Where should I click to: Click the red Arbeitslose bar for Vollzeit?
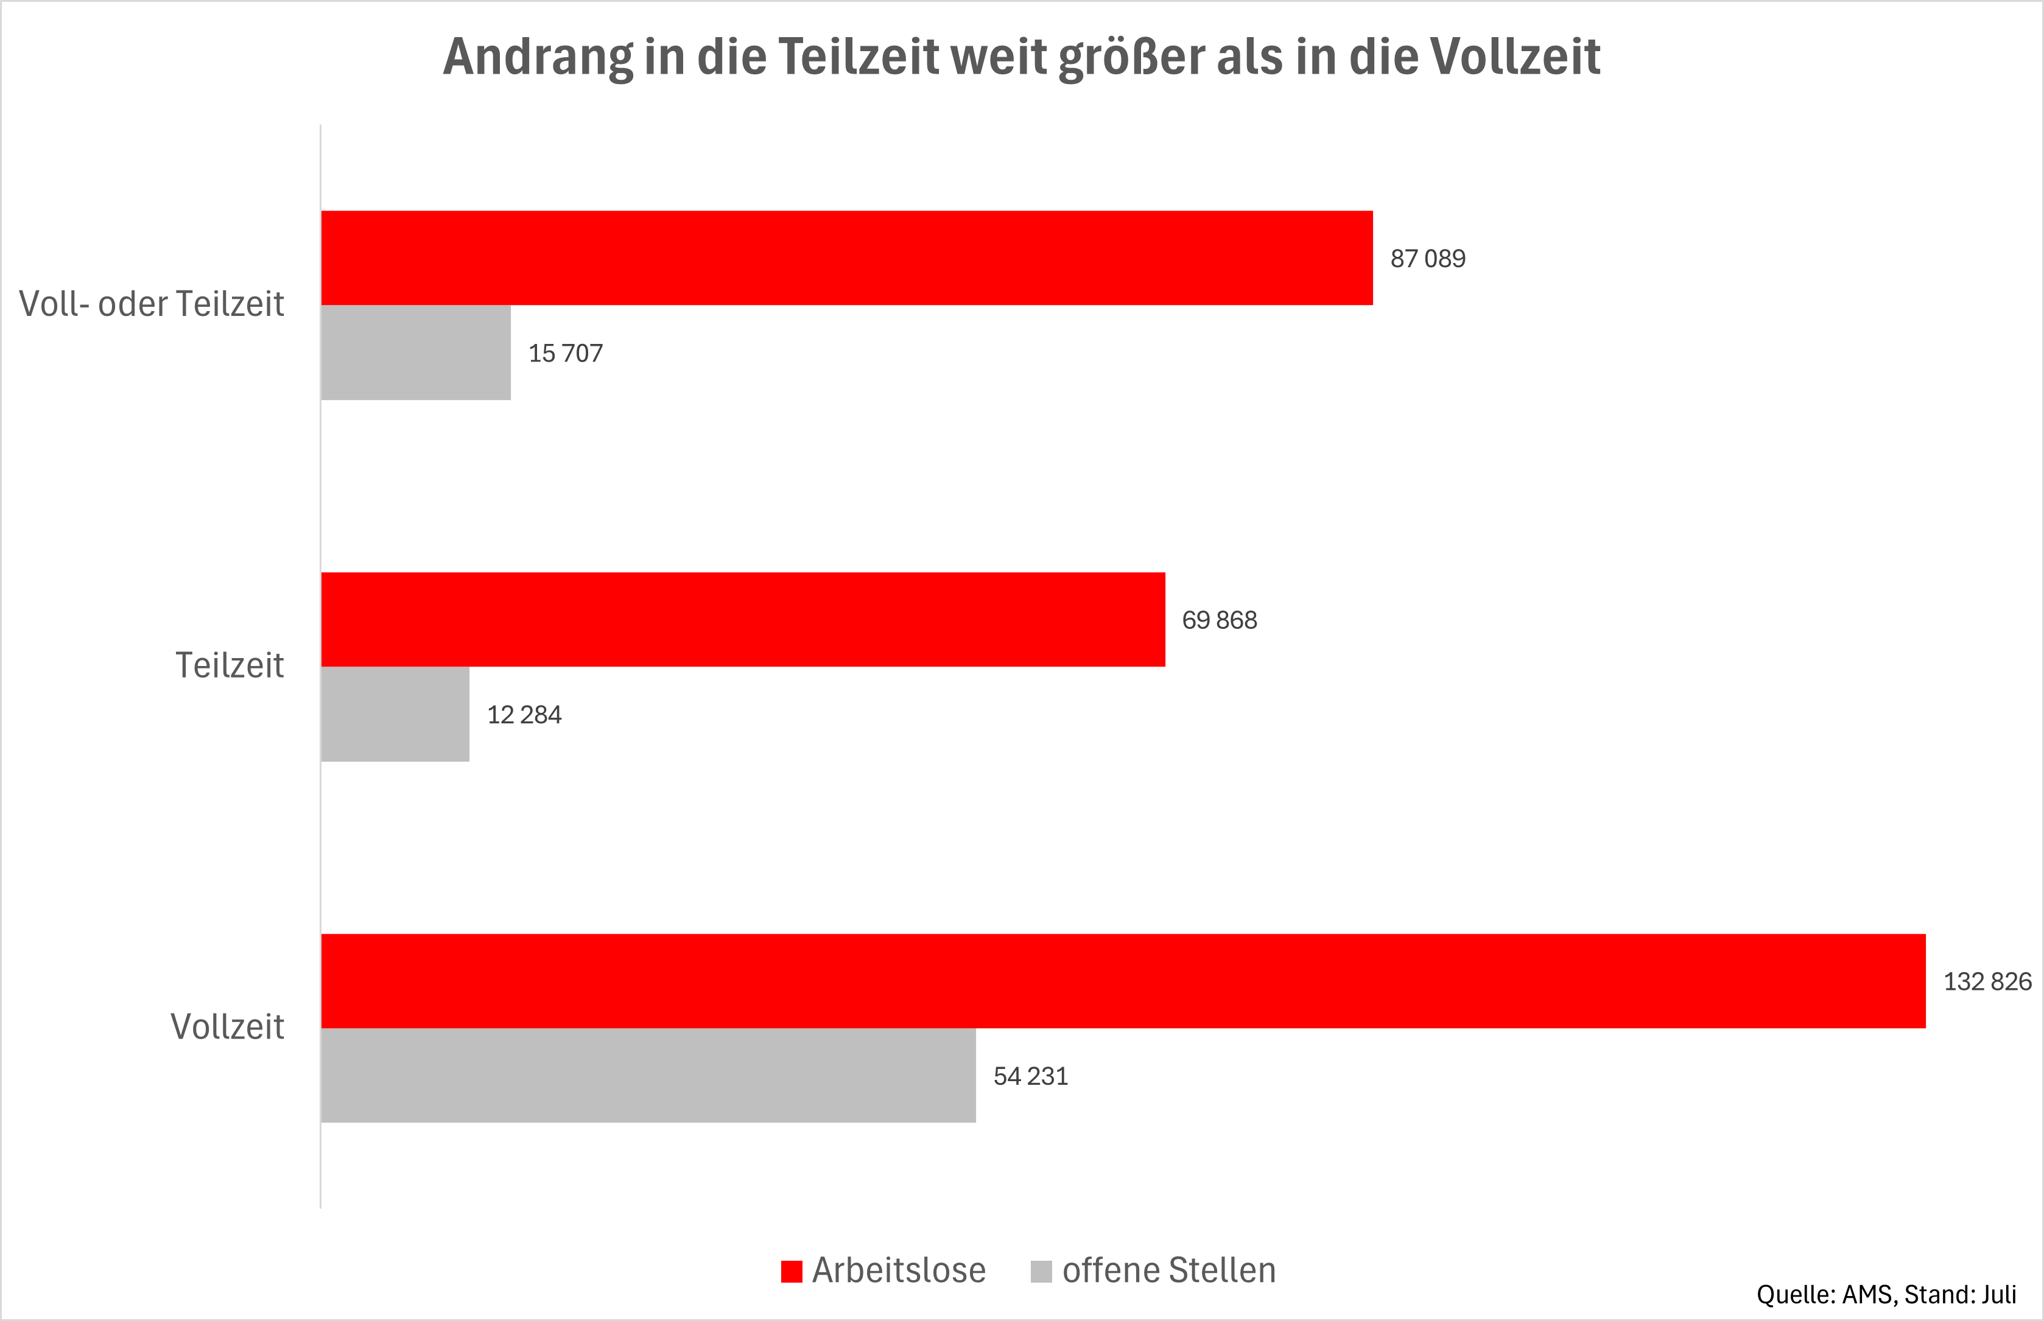[1123, 981]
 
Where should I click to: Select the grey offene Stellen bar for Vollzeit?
[648, 1075]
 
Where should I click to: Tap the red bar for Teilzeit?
[743, 619]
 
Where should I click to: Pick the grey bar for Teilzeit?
[395, 713]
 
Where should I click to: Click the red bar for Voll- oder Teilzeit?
[846, 258]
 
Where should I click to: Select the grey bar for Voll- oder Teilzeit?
[416, 352]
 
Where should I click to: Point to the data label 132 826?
[1987, 981]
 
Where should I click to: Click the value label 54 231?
[1030, 1076]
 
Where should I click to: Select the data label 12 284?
[524, 715]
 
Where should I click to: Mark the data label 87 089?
[1427, 258]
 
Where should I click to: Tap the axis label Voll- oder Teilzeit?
[151, 304]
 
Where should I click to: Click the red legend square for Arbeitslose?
[791, 1271]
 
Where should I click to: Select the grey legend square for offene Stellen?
[1041, 1271]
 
